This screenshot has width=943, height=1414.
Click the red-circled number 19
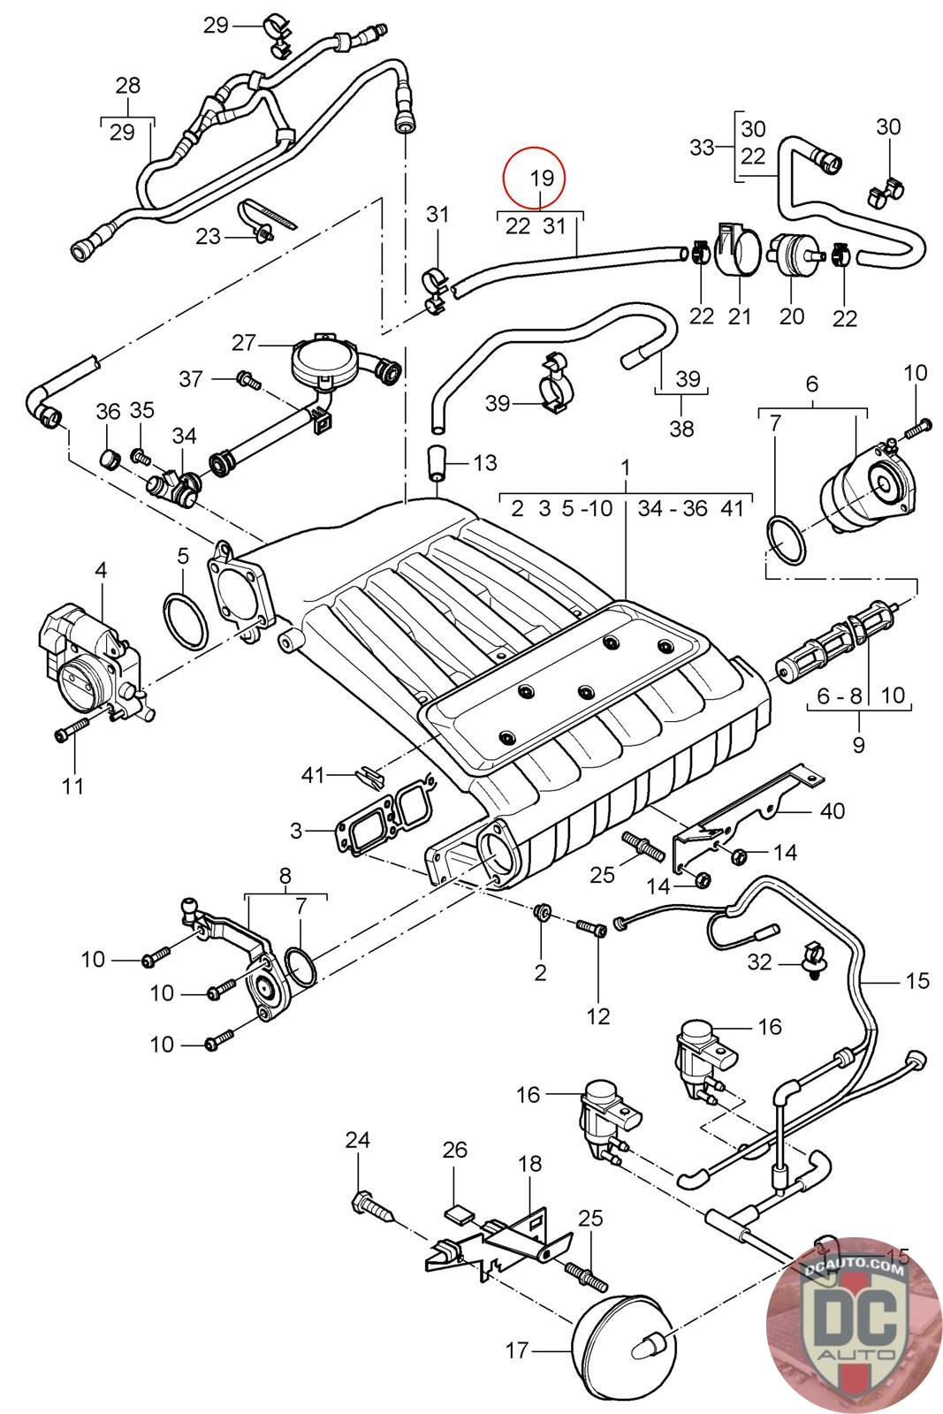click(x=542, y=178)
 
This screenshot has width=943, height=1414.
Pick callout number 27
click(x=243, y=342)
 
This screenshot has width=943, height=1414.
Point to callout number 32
click(x=760, y=961)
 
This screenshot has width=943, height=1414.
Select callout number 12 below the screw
click(x=598, y=1016)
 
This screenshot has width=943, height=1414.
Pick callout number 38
click(x=681, y=429)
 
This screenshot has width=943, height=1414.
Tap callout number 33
click(x=702, y=147)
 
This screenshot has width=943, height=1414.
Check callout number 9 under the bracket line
click(x=858, y=744)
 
